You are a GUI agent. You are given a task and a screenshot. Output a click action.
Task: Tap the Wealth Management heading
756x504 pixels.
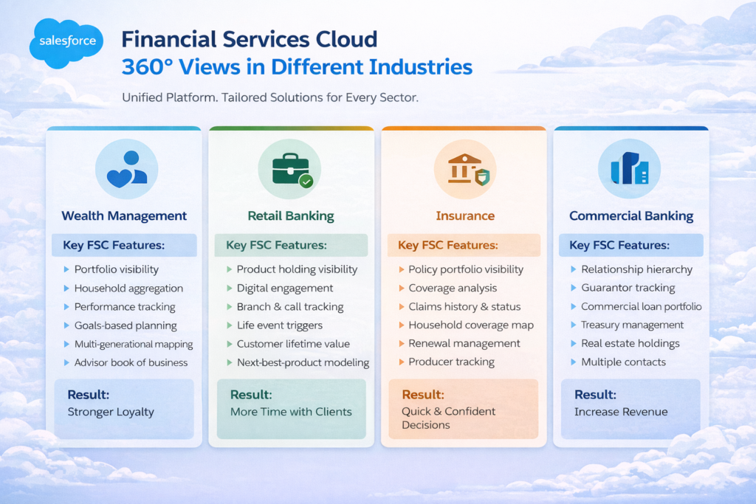(124, 216)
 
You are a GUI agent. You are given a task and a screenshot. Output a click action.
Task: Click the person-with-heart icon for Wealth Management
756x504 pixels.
(126, 169)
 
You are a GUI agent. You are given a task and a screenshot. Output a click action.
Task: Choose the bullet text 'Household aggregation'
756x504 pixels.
(128, 289)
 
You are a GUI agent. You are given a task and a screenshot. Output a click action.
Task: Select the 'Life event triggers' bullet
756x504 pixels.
(281, 325)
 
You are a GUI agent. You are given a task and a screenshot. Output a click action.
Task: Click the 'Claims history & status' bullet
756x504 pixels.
(464, 307)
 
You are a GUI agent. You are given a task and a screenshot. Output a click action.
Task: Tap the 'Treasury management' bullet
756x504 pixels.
(632, 325)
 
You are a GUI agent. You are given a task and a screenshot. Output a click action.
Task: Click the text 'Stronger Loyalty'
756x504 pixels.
(111, 412)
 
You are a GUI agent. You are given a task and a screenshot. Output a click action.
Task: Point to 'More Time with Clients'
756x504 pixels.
(291, 412)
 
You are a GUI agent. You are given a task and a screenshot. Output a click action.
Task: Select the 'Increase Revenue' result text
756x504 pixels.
(621, 412)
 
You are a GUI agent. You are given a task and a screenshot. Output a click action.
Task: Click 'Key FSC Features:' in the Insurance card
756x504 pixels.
(447, 246)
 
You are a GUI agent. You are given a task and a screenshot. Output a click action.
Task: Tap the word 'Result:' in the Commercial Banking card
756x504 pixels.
(595, 395)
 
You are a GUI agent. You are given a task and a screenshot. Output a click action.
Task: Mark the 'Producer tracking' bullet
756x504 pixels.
(451, 362)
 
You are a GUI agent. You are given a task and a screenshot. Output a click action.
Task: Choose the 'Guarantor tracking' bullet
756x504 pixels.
(628, 289)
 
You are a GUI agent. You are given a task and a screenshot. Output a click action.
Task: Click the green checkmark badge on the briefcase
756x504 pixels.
(306, 181)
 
